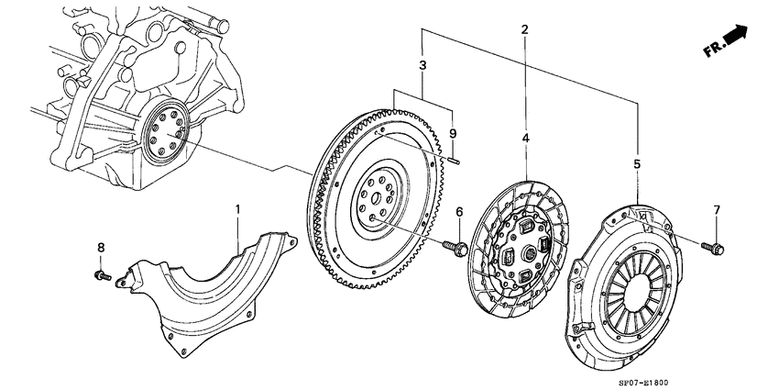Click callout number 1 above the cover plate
[237, 209]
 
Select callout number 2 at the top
[524, 30]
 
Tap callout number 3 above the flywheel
[422, 65]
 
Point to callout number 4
[526, 138]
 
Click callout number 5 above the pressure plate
[638, 164]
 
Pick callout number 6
[459, 212]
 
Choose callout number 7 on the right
[717, 210]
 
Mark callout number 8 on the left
[101, 247]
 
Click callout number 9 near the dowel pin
[452, 133]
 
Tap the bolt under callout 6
[455, 247]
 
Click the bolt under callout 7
[713, 248]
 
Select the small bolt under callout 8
[103, 275]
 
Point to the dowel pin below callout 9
[453, 161]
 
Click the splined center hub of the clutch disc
[530, 255]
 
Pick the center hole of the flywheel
[376, 197]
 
